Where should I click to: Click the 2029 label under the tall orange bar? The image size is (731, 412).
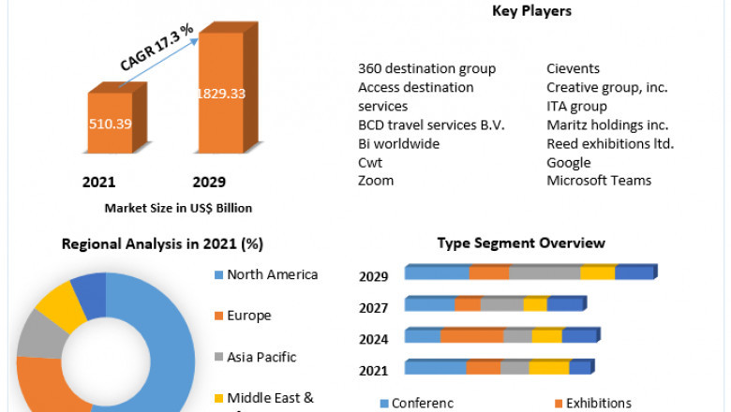208,182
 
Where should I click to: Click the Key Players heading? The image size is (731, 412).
531,11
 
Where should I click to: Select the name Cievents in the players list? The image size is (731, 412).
574,68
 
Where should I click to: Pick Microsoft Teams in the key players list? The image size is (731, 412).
599,180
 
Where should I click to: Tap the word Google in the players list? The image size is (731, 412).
569,162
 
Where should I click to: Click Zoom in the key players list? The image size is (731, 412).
376,180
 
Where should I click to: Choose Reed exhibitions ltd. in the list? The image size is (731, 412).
610,143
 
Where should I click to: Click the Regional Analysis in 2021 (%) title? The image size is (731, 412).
162,243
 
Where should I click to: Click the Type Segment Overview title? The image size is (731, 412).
521,243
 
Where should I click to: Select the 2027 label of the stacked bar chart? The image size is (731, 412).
374,307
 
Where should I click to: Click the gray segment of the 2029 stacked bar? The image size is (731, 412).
544,272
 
